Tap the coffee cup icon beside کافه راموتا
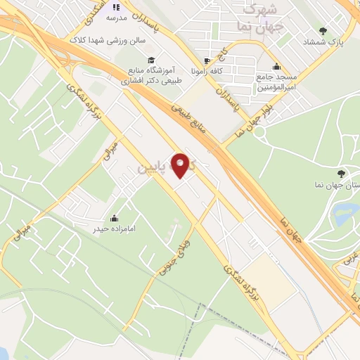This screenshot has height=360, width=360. pos(205,60)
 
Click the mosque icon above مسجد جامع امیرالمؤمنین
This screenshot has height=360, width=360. pos(277,62)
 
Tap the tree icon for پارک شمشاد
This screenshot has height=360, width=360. pos(323,30)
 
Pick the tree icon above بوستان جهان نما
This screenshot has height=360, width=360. pos(341,173)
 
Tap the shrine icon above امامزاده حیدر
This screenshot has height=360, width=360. pos(114,217)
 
